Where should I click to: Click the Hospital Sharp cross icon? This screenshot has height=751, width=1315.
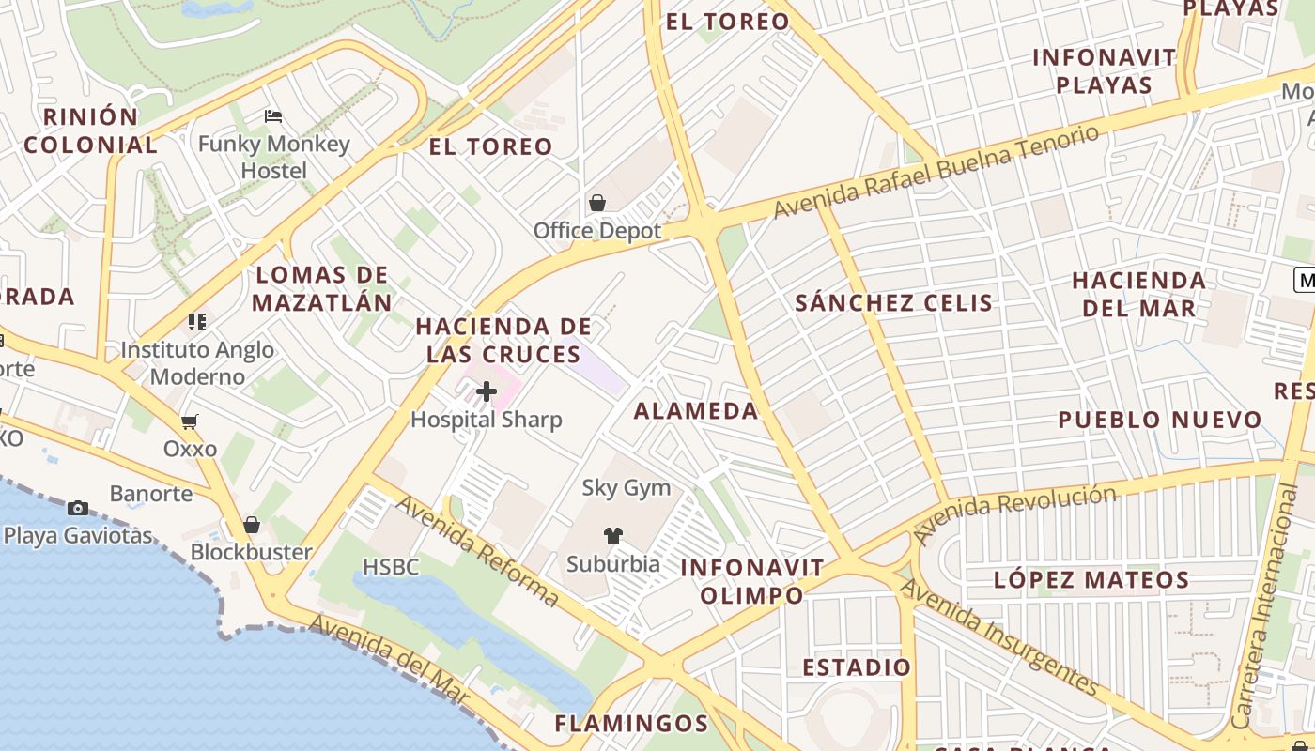tap(487, 391)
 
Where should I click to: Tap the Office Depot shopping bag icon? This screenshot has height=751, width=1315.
tap(596, 202)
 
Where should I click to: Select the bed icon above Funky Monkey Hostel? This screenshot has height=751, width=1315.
tap(273, 116)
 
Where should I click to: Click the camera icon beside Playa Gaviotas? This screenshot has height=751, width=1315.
tap(78, 508)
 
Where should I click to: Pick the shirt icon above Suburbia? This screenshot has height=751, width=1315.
tap(612, 536)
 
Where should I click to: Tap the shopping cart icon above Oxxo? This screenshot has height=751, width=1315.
tap(190, 421)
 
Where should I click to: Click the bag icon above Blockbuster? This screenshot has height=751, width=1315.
tap(251, 525)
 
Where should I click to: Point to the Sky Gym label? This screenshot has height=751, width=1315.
tap(627, 487)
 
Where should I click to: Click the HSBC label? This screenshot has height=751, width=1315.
tap(391, 566)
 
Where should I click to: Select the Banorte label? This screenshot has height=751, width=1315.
tap(151, 493)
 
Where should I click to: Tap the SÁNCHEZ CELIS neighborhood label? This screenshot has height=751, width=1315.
tap(893, 302)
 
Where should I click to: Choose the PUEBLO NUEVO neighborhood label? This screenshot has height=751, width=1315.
tap(1160, 420)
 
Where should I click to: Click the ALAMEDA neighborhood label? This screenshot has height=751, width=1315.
tap(696, 410)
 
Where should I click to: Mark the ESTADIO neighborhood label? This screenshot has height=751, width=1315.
tap(856, 667)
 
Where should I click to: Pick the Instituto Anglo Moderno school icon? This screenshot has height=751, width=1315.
tap(197, 322)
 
